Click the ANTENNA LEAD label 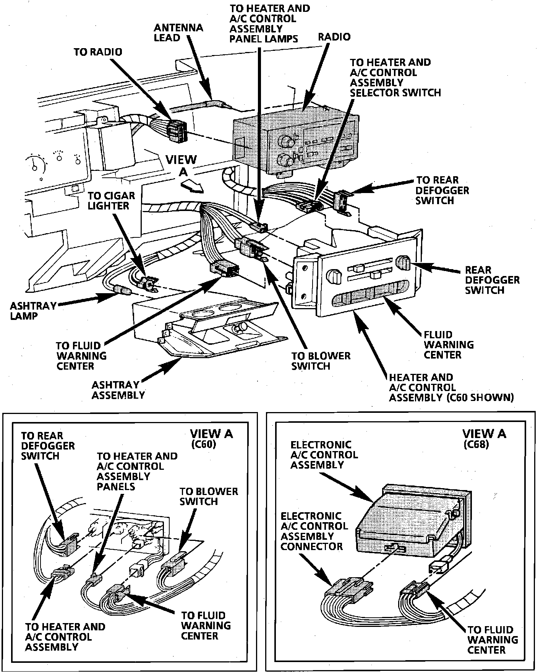pyautogui.click(x=178, y=33)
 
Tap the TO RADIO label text pyautogui.click(x=98, y=52)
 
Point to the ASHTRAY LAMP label pyautogui.click(x=33, y=311)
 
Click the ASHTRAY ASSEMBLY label pyautogui.click(x=118, y=390)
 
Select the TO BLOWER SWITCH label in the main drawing pyautogui.click(x=321, y=361)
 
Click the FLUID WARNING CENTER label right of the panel pyautogui.click(x=448, y=345)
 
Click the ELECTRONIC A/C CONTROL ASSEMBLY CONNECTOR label pyautogui.click(x=314, y=531)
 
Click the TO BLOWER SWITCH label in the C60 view pyautogui.click(x=209, y=496)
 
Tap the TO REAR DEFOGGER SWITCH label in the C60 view pyautogui.click(x=47, y=446)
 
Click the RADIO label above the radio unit pyautogui.click(x=334, y=37)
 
